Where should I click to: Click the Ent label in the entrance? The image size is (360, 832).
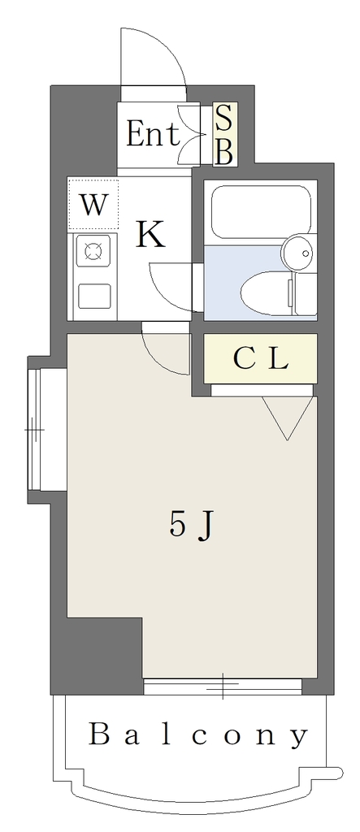(x=153, y=134)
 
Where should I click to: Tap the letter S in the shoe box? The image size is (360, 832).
(x=224, y=118)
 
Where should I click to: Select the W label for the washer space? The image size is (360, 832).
(x=93, y=204)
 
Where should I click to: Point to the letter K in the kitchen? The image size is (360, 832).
(x=151, y=235)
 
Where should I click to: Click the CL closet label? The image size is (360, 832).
(x=260, y=360)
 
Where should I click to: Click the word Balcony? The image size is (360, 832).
(x=198, y=735)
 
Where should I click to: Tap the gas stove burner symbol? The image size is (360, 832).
(x=94, y=250)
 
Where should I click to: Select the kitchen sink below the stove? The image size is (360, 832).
(x=94, y=296)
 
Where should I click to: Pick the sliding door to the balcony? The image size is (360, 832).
(x=223, y=686)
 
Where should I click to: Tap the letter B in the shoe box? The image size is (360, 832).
(x=224, y=153)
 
